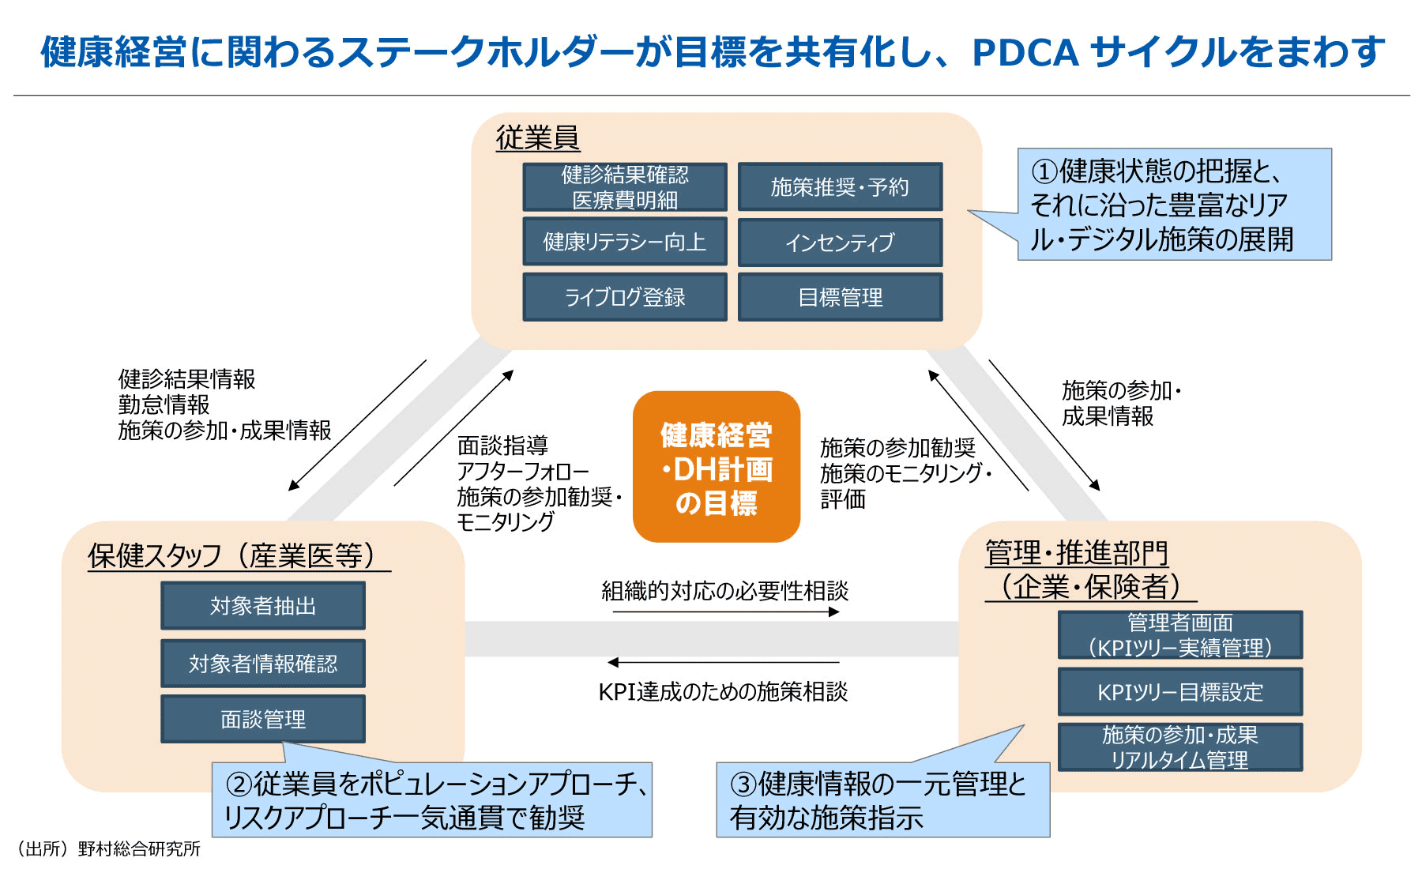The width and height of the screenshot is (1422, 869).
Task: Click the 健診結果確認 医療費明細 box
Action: (624, 187)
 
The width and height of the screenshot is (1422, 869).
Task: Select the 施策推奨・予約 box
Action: (840, 187)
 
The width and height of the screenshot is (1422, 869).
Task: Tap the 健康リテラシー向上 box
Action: (624, 242)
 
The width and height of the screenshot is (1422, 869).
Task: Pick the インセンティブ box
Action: (840, 242)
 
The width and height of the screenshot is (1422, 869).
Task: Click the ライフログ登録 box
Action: (624, 297)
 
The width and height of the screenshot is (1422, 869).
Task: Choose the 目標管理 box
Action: (840, 297)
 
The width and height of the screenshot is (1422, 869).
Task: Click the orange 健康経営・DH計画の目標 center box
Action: (717, 467)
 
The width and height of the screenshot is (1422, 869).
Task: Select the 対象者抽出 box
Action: (263, 606)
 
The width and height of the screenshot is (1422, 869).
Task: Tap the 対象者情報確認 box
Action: (263, 663)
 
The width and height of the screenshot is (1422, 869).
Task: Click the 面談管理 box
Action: (263, 719)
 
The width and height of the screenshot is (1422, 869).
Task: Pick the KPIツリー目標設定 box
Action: (1179, 692)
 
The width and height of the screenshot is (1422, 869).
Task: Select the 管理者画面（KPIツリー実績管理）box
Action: (1179, 635)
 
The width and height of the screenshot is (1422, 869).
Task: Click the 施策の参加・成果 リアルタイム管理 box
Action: (1179, 747)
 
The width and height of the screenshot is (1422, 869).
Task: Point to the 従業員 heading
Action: (537, 137)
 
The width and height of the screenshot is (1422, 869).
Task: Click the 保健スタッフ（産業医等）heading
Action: (237, 555)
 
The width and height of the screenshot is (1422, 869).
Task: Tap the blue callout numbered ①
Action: (1174, 205)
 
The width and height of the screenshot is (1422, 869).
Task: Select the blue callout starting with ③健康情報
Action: (882, 799)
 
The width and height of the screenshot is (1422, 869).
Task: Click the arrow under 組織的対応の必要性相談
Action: (725, 612)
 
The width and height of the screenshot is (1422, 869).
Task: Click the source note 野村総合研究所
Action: (109, 849)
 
